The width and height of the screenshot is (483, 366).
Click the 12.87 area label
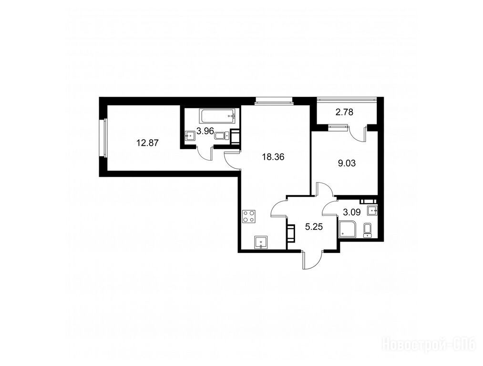(x=147, y=143)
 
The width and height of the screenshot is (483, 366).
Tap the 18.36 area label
(x=273, y=157)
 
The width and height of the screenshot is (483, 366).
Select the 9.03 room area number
(x=347, y=163)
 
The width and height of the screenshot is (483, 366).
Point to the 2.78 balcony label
(x=344, y=112)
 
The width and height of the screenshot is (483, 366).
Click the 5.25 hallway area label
(x=314, y=227)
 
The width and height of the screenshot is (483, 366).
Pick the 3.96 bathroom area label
(x=205, y=131)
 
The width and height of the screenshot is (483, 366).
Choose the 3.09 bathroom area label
(x=352, y=212)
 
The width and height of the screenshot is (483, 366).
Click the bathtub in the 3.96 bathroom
(x=218, y=116)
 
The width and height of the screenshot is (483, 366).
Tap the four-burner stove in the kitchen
(x=248, y=216)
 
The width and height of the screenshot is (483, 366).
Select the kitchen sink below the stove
(x=261, y=242)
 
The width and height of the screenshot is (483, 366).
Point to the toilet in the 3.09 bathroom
(x=368, y=230)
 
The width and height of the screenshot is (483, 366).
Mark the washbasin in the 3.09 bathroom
(x=372, y=211)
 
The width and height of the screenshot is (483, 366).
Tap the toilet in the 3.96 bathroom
(x=222, y=136)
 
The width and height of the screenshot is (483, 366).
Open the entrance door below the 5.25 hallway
(x=312, y=260)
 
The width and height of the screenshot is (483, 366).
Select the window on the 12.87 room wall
(x=103, y=138)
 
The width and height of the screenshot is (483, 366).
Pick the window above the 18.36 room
(x=273, y=100)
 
